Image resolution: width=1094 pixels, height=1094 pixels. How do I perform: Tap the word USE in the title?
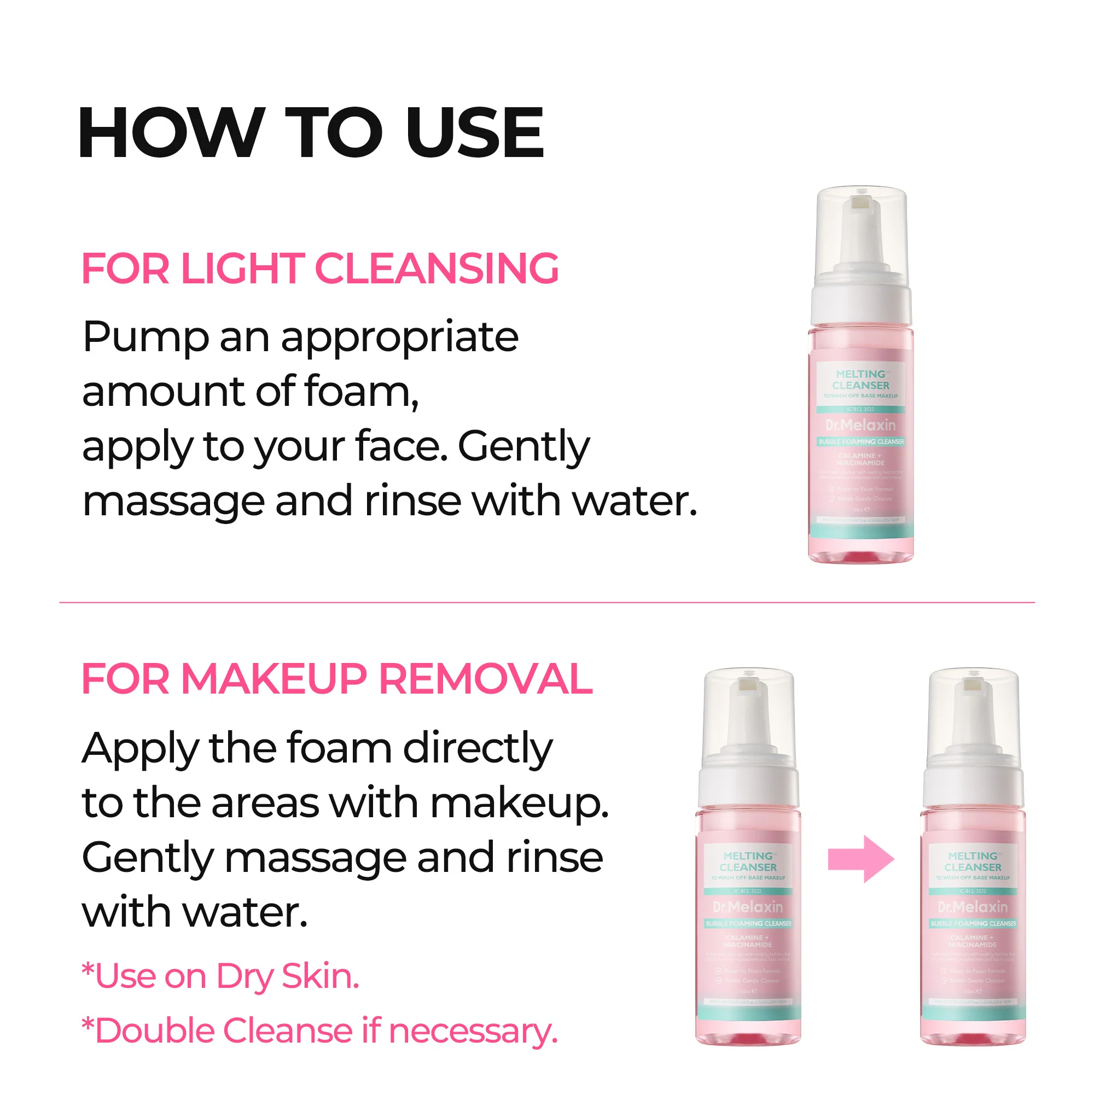coord(474,132)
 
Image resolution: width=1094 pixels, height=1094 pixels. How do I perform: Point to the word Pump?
coord(146,337)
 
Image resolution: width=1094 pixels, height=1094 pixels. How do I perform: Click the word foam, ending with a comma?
coord(361,392)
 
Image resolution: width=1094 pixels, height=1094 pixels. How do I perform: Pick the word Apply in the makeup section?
coord(140,749)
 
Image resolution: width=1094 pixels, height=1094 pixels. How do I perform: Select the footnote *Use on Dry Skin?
coord(220,976)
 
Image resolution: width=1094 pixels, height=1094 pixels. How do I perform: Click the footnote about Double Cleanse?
coord(320,1031)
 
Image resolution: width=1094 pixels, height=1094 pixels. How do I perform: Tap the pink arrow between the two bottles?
coord(860,859)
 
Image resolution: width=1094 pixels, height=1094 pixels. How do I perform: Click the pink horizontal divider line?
coord(547,602)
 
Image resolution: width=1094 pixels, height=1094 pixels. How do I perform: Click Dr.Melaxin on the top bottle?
coord(860,424)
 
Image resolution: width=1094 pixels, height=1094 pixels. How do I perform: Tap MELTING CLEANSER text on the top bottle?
coord(860,380)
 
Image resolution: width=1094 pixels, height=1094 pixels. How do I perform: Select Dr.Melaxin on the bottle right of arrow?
coord(973,906)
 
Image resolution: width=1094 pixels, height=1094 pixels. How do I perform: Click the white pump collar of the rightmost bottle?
coord(973,784)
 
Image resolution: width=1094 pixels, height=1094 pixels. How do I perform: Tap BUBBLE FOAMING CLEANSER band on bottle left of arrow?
coord(749,923)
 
